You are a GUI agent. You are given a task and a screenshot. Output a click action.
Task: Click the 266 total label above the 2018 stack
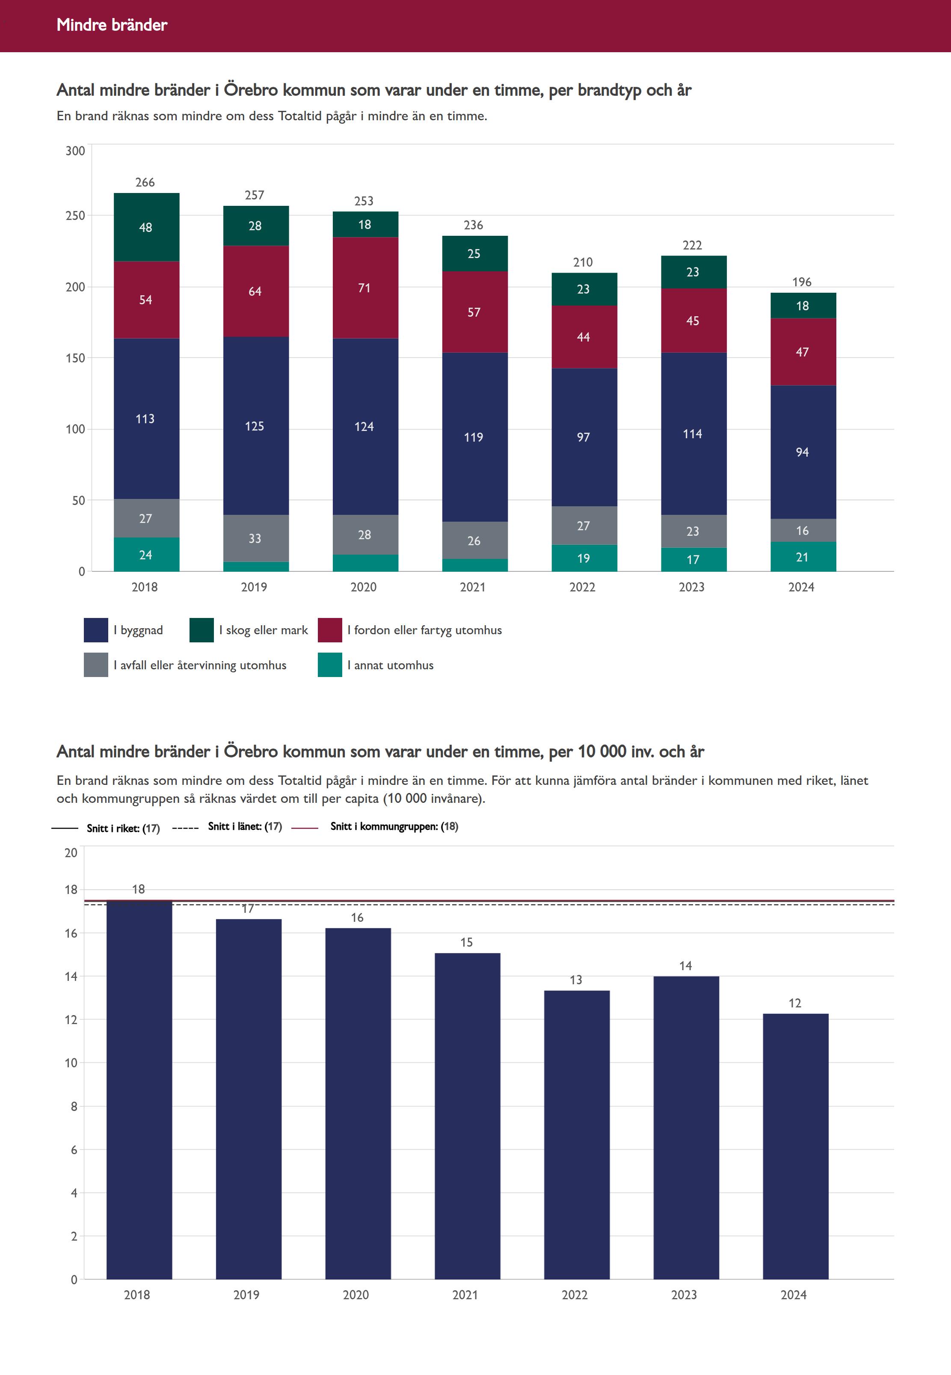point(145,182)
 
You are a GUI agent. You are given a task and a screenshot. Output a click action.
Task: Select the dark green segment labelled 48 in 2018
point(146,227)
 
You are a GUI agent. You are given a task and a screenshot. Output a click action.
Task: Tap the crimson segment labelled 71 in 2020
point(364,288)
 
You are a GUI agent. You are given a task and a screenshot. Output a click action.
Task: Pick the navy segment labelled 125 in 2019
point(255,426)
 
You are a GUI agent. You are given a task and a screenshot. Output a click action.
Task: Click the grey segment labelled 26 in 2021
point(474,540)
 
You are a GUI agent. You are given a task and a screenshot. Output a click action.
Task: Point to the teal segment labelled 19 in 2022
point(584,558)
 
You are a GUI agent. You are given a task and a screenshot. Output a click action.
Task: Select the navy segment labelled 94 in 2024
point(803,452)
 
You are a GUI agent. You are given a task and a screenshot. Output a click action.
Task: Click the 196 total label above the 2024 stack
point(802,282)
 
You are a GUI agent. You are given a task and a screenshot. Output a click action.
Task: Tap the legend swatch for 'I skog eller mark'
point(201,630)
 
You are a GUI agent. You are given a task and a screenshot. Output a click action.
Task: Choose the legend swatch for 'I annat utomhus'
point(329,665)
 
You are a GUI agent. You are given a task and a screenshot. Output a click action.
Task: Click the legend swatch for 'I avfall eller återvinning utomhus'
point(95,665)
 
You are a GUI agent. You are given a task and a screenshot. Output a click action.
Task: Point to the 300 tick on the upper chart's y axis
point(75,151)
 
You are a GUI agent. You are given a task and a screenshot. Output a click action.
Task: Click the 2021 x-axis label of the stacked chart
point(473,587)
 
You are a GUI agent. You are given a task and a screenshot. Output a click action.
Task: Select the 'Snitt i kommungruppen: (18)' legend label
point(394,826)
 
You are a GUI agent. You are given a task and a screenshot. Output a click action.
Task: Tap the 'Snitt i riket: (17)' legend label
point(123,828)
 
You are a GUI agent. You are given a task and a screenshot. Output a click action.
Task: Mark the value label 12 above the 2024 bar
point(795,1003)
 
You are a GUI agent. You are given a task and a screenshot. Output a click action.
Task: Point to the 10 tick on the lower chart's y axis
point(71,1063)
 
